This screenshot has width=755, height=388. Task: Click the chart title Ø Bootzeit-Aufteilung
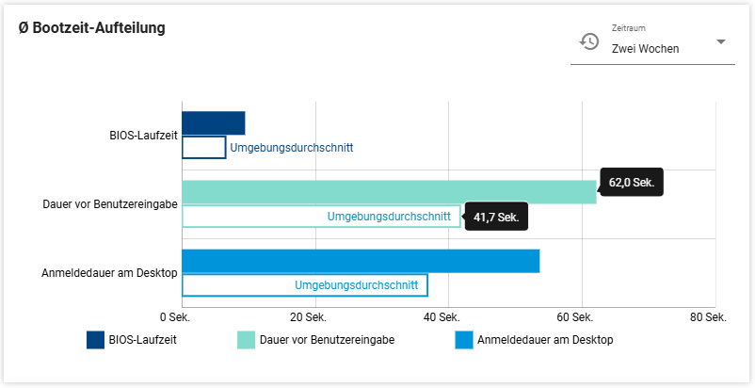point(92,28)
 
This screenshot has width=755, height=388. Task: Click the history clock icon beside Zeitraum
point(589,41)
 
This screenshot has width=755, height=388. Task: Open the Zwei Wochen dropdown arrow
point(720,42)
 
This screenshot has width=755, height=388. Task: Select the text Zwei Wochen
point(645,49)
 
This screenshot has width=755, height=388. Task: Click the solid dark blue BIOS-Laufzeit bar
point(213,123)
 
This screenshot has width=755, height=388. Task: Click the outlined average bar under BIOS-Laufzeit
point(203,148)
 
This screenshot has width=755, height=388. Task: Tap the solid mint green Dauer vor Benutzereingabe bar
point(388,192)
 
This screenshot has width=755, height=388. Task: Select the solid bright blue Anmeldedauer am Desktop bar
point(360,261)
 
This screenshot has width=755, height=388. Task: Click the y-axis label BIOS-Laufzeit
point(143,136)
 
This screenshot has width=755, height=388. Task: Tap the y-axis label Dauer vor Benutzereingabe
point(110,204)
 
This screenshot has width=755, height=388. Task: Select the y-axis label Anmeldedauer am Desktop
point(109,273)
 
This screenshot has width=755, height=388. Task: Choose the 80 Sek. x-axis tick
point(709,317)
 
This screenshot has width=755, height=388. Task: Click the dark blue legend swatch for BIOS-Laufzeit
point(95,340)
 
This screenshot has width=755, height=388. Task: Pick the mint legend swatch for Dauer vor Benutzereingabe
point(247,340)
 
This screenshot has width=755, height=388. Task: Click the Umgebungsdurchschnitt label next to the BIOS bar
point(291,148)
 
